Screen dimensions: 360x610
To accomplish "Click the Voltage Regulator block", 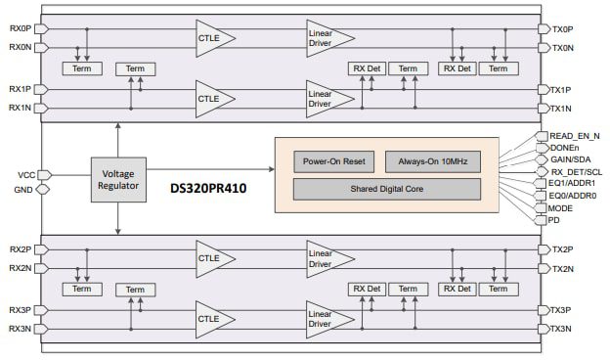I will [117, 180].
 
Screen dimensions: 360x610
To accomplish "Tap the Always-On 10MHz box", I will [432, 161].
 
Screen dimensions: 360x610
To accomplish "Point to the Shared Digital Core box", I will [386, 188].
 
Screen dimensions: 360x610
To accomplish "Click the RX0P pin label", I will [20, 28].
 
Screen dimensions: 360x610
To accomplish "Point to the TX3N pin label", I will [562, 329].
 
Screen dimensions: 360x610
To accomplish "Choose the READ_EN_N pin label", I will [575, 136].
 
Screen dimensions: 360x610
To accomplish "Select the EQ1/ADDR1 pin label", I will [573, 183].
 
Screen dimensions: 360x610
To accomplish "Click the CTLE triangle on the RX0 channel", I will [209, 37].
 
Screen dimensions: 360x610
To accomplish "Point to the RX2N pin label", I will [20, 268].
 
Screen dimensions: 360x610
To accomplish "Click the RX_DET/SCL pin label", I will [577, 171].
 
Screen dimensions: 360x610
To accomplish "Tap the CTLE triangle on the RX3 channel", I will [209, 319].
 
